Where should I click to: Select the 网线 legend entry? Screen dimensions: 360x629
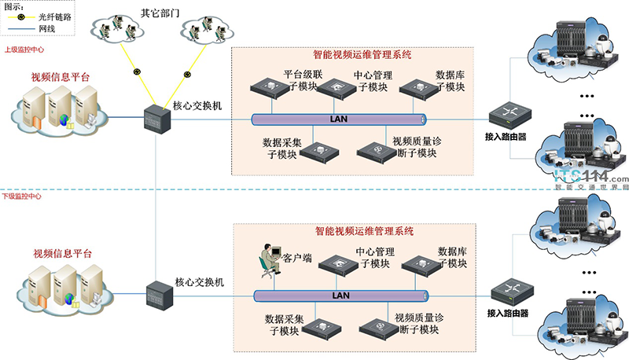pyautogui.click(x=47, y=28)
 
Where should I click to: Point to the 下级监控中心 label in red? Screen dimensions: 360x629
pyautogui.click(x=23, y=196)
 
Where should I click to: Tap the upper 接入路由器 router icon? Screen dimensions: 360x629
pyautogui.click(x=506, y=117)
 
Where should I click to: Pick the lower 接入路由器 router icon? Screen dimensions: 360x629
pyautogui.click(x=506, y=296)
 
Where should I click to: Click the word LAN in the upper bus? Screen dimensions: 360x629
pyautogui.click(x=342, y=119)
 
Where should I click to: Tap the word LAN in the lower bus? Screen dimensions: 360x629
pyautogui.click(x=342, y=296)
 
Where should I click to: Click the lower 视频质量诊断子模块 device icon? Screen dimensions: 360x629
pyautogui.click(x=377, y=325)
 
